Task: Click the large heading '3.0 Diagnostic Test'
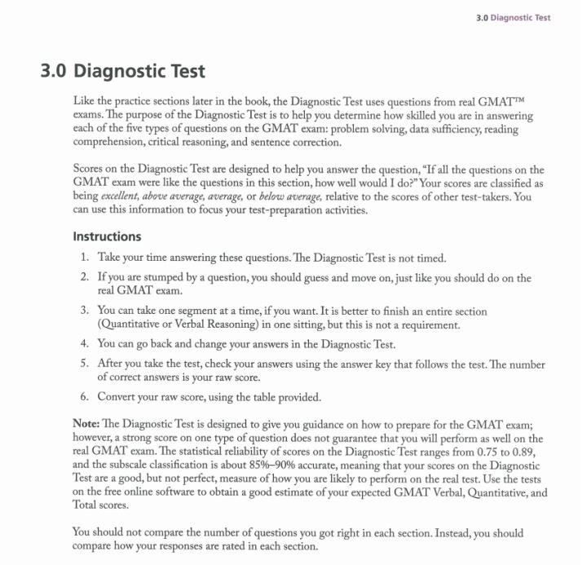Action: pyautogui.click(x=123, y=73)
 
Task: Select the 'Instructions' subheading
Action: pyautogui.click(x=107, y=236)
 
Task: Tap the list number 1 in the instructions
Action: pyautogui.click(x=85, y=258)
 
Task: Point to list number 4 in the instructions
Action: pyautogui.click(x=85, y=344)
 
